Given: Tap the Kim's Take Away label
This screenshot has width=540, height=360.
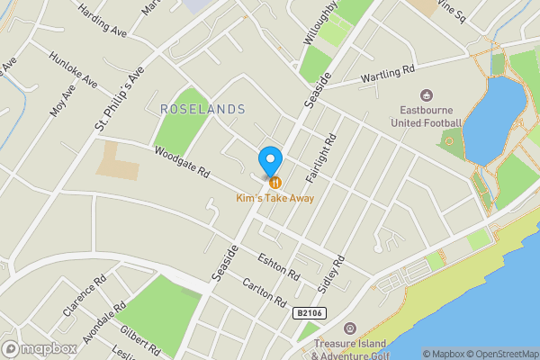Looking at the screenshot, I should (275, 198).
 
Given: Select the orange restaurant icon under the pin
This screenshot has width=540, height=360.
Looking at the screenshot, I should (274, 182).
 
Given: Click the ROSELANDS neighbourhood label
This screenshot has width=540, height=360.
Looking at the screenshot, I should (202, 109).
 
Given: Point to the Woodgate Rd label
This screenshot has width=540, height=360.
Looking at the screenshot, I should (181, 162).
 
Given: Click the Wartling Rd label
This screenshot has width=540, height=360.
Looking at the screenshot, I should (388, 73).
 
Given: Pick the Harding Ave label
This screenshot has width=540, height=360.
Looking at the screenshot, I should (103, 19).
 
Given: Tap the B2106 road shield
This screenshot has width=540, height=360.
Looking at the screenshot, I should (309, 312).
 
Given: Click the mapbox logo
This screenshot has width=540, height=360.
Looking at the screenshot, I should (40, 348).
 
